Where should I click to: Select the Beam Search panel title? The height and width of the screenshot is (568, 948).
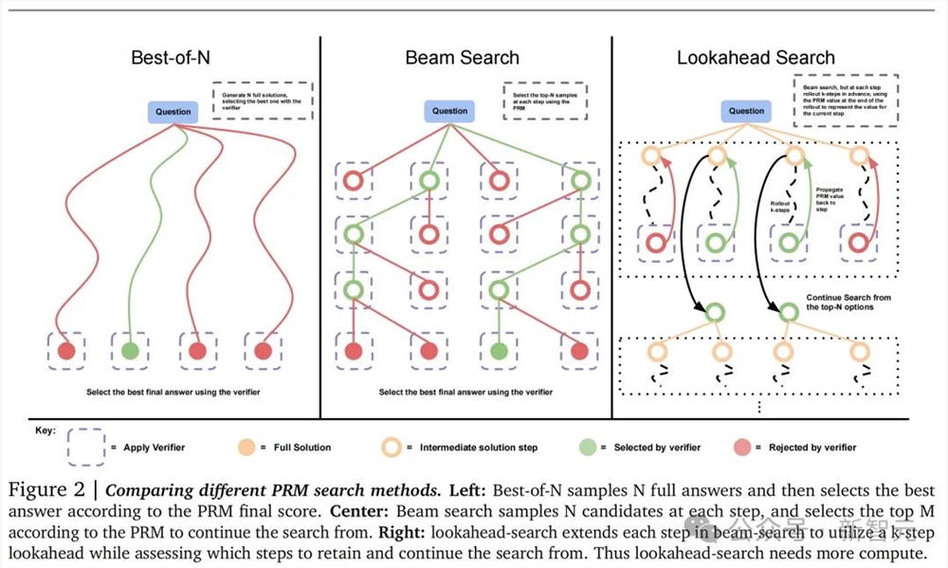tap(462, 58)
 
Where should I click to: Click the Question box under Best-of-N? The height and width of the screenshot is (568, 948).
tap(173, 112)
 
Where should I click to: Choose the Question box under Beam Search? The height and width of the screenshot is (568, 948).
tap(450, 111)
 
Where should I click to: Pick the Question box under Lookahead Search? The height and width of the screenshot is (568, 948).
tap(746, 111)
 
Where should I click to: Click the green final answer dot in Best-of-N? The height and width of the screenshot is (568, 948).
tap(130, 351)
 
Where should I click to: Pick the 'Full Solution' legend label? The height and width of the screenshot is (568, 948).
tap(301, 448)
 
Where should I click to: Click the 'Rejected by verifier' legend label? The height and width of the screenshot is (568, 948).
tap(811, 448)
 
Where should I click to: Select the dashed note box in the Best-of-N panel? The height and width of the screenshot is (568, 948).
tap(262, 101)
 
